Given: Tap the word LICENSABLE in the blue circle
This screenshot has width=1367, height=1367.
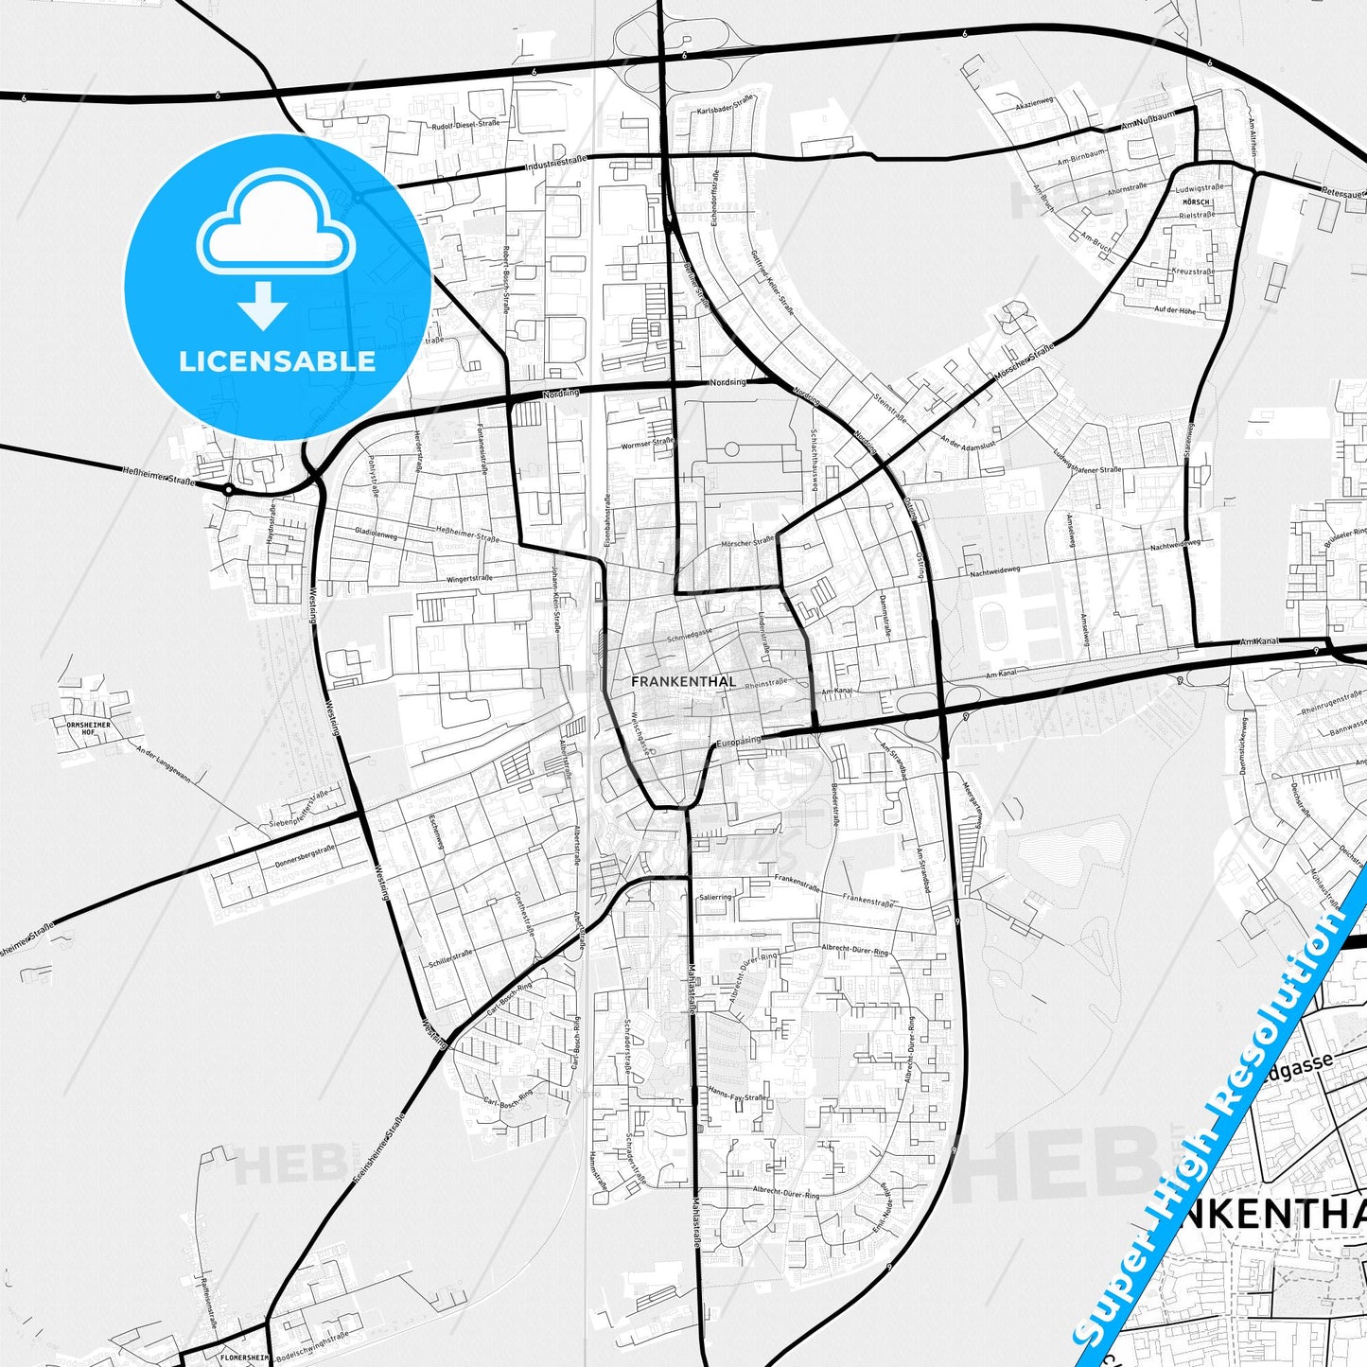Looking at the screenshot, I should pyautogui.click(x=277, y=361).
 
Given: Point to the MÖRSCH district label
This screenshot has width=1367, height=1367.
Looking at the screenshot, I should pyautogui.click(x=1197, y=202).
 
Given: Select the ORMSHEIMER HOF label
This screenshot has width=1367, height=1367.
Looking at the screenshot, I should pyautogui.click(x=89, y=728).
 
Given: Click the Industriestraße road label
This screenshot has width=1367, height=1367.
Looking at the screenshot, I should pyautogui.click(x=555, y=165).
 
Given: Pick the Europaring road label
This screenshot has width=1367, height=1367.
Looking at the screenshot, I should pyautogui.click(x=739, y=741).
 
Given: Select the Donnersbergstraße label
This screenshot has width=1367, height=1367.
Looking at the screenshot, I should pyautogui.click(x=306, y=857).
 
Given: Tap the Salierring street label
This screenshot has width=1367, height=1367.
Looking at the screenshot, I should pyautogui.click(x=715, y=897).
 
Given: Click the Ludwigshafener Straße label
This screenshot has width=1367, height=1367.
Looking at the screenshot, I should pyautogui.click(x=1086, y=461).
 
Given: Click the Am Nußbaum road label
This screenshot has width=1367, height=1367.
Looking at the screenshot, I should pyautogui.click(x=1147, y=120).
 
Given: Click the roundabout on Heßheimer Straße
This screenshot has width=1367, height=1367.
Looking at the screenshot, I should pyautogui.click(x=228, y=489).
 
